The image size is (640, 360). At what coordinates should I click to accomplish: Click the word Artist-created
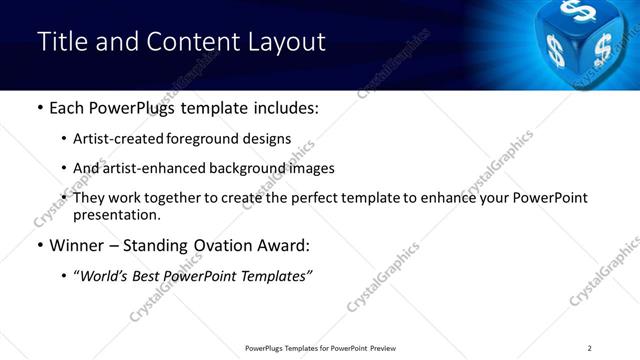pos(118,139)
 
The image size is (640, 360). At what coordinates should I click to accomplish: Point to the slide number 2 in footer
pos(590,348)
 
